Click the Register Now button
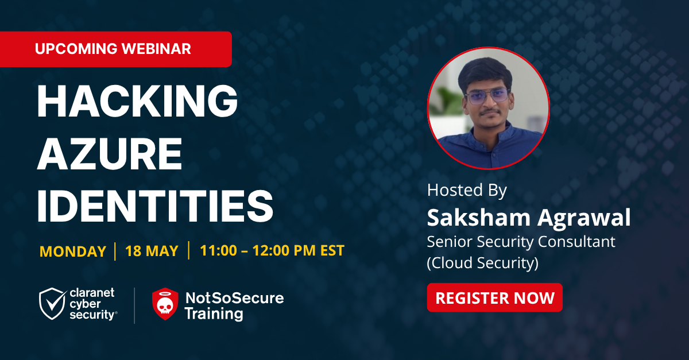pyautogui.click(x=494, y=297)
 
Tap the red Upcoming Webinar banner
pyautogui.click(x=115, y=49)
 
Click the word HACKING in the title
pyautogui.click(x=137, y=100)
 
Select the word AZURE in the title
pyautogui.click(x=110, y=153)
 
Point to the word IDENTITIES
pyautogui.click(x=155, y=206)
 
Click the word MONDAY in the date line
pyautogui.click(x=73, y=251)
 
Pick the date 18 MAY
pyautogui.click(x=152, y=251)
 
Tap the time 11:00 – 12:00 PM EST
pyautogui.click(x=272, y=250)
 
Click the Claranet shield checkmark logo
pyautogui.click(x=52, y=304)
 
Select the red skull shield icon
pyautogui.click(x=165, y=304)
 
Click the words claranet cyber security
pyautogui.click(x=93, y=304)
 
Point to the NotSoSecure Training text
pyautogui.click(x=234, y=306)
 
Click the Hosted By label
pyautogui.click(x=467, y=190)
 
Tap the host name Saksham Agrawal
pyautogui.click(x=529, y=218)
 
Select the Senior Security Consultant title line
pyautogui.click(x=521, y=242)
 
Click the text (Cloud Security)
pyautogui.click(x=483, y=263)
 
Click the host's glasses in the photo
pyautogui.click(x=487, y=95)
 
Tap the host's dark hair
pyautogui.click(x=485, y=72)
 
